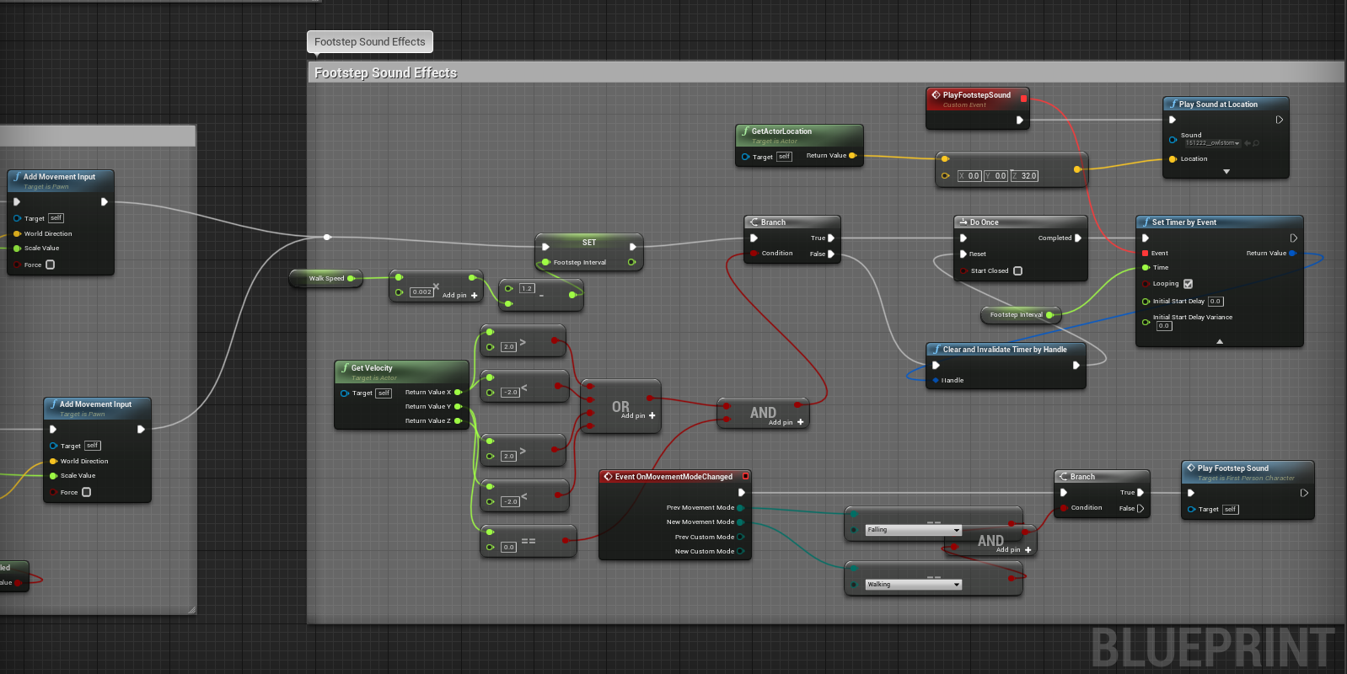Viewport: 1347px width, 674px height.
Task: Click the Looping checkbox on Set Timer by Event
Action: pyautogui.click(x=1188, y=284)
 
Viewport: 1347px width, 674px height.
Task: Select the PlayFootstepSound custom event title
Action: pyautogui.click(x=976, y=95)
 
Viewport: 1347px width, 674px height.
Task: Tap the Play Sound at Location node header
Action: pyautogui.click(x=1218, y=104)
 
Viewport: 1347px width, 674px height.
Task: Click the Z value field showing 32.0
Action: pyautogui.click(x=1028, y=176)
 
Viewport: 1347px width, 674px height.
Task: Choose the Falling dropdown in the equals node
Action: pyautogui.click(x=913, y=530)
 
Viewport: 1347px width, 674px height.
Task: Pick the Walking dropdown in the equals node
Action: pyautogui.click(x=913, y=584)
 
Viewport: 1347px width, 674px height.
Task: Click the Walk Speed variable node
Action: pyautogui.click(x=326, y=278)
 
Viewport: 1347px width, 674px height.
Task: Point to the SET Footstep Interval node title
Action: pyautogui.click(x=588, y=243)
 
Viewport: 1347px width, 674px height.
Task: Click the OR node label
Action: pyautogui.click(x=620, y=407)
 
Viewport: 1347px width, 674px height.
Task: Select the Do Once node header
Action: pyautogui.click(x=984, y=222)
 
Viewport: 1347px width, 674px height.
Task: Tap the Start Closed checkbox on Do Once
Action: pyautogui.click(x=1017, y=271)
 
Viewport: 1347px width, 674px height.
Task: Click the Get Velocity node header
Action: pyautogui.click(x=372, y=368)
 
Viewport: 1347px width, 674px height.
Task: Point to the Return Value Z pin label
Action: pyautogui.click(x=427, y=421)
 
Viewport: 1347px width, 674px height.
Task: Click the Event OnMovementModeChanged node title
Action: pyautogui.click(x=673, y=477)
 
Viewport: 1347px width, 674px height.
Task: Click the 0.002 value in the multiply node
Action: pyautogui.click(x=421, y=292)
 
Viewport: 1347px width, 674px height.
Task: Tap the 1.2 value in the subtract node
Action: pyautogui.click(x=527, y=288)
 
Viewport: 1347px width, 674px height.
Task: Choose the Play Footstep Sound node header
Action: pyautogui.click(x=1232, y=468)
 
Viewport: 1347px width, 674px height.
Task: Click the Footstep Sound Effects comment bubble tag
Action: pyautogui.click(x=370, y=42)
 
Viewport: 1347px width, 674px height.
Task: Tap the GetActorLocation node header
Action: pyautogui.click(x=781, y=131)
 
